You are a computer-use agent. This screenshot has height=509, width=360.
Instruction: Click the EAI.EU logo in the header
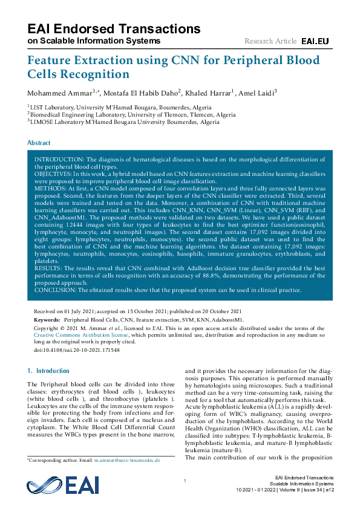[315, 41]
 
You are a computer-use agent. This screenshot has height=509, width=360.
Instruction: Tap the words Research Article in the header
[270, 41]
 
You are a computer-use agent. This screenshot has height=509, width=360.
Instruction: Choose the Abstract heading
[39, 143]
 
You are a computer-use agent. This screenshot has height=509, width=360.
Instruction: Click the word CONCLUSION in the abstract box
[55, 290]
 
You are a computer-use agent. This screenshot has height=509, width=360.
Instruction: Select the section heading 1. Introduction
[49, 371]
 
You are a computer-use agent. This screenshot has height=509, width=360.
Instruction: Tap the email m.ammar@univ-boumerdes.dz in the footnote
[126, 461]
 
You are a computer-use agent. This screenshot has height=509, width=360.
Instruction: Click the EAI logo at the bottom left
[54, 485]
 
